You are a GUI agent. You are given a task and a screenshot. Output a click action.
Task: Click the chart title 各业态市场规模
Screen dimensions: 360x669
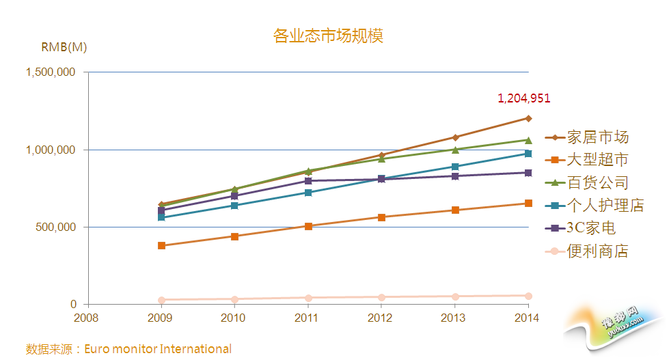click(328, 36)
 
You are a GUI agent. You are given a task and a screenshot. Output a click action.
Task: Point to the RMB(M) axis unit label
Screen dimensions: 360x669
click(64, 47)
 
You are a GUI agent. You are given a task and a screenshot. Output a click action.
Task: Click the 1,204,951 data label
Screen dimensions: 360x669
click(523, 98)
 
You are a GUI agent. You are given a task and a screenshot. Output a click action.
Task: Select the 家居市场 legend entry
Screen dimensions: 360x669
click(597, 137)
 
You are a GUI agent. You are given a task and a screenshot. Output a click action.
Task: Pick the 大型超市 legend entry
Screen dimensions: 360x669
click(597, 160)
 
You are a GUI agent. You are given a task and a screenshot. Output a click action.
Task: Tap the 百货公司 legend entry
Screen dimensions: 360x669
click(597, 182)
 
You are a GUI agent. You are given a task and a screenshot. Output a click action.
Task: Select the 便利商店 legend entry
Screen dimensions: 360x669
click(597, 251)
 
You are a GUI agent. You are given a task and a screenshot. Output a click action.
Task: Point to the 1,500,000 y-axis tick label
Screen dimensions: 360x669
click(50, 72)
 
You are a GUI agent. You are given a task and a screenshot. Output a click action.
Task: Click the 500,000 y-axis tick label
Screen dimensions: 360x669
click(55, 227)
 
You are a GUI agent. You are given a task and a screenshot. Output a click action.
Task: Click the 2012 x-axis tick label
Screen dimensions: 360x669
click(381, 318)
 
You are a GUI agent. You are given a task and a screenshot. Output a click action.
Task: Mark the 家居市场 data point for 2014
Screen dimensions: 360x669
click(528, 118)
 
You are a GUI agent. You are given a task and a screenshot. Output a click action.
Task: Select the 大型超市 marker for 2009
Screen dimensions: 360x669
click(161, 245)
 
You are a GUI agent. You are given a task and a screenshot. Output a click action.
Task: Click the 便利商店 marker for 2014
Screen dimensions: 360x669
click(528, 296)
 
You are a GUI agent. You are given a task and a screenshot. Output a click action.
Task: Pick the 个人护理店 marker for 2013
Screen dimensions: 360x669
click(454, 167)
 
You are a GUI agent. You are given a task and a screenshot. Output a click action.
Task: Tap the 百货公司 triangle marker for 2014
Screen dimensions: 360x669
click(528, 140)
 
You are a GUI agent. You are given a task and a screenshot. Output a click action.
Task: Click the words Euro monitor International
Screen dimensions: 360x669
click(158, 349)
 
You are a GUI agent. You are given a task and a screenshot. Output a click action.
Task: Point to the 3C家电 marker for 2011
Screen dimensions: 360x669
click(308, 181)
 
